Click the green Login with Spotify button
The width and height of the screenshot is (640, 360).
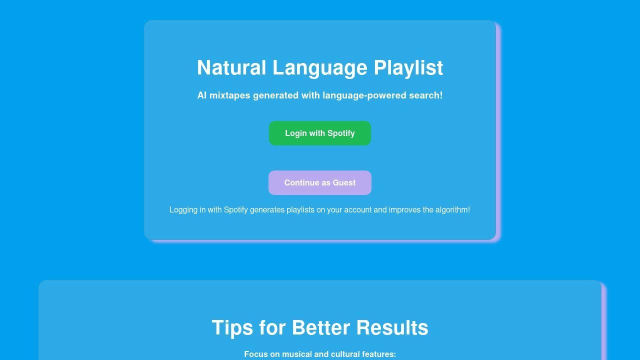pos(320,133)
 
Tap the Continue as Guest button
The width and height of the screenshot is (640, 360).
pos(320,183)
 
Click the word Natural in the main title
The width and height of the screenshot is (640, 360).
pos(231,68)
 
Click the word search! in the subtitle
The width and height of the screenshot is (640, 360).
pos(425,95)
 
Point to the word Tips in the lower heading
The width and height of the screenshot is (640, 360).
pos(232,328)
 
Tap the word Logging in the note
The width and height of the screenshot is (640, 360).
pos(183,210)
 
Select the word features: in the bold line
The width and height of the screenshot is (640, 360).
pos(380,354)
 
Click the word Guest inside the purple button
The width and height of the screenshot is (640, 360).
pos(344,183)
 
